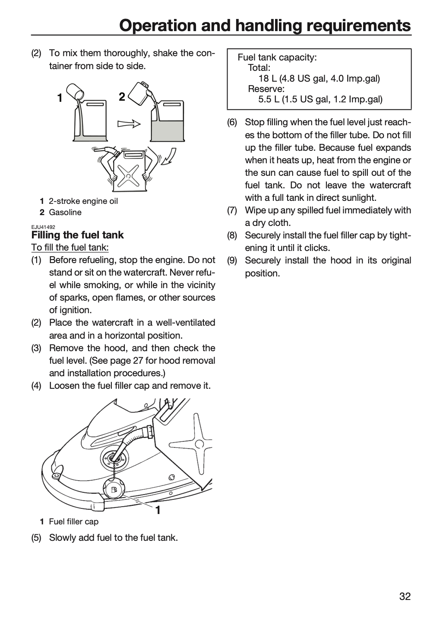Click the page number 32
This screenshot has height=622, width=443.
(405, 596)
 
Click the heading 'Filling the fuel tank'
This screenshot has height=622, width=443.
(77, 235)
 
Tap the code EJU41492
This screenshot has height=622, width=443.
(43, 227)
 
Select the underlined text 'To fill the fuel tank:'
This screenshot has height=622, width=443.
(70, 247)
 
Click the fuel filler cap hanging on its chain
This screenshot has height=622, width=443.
(114, 490)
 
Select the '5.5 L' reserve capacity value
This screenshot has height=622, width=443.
(269, 99)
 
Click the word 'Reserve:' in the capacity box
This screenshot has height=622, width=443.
(266, 89)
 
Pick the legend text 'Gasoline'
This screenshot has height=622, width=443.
(65, 213)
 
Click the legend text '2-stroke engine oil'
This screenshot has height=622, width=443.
(83, 201)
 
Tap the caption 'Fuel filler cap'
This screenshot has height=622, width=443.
(74, 521)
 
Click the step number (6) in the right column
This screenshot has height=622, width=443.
(232, 122)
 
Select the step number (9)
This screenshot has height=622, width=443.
(232, 260)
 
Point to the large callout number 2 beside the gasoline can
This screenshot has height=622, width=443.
(122, 97)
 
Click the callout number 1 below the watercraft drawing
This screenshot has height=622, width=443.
(158, 510)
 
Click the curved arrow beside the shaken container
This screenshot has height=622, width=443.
(169, 157)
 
